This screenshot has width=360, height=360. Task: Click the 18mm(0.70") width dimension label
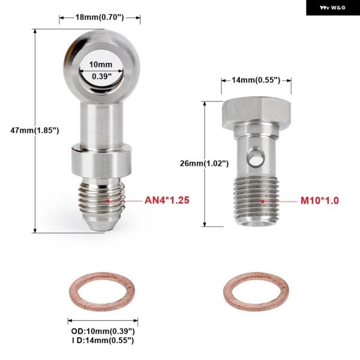pos(100,17)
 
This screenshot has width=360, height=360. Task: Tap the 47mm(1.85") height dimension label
pos(35,130)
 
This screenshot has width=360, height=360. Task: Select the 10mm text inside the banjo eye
pos(101,65)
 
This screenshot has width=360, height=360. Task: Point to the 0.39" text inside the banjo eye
pos(102,76)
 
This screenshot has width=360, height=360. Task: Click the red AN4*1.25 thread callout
pos(167,200)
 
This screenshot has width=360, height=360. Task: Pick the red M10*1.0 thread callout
pos(320,200)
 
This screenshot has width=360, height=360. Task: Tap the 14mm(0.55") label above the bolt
pos(256,80)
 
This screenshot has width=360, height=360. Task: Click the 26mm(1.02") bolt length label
pos(204,163)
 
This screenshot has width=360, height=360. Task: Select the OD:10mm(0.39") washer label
pos(103,331)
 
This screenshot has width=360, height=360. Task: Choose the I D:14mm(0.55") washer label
pos(103,340)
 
